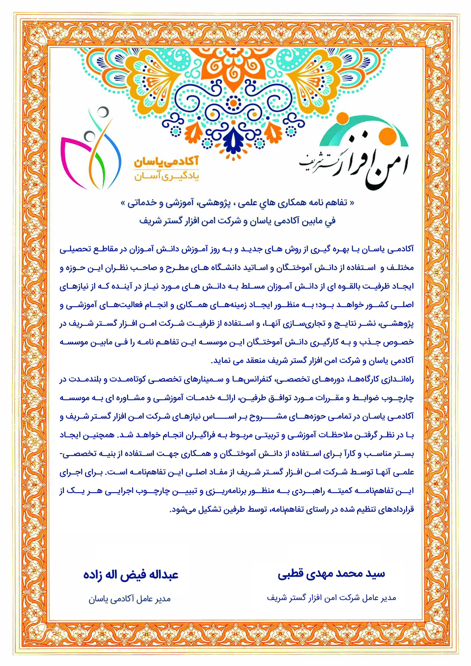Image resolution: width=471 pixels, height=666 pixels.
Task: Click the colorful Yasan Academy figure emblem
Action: [90, 148]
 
